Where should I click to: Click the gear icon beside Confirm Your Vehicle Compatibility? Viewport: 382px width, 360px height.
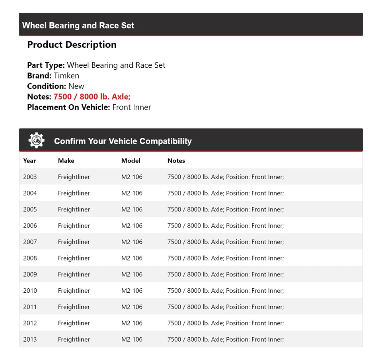coord(36,141)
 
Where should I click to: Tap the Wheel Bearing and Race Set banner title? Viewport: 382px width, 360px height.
coord(78,25)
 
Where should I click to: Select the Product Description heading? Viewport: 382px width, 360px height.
coord(72,45)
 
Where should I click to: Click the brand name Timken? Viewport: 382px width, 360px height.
coord(66,76)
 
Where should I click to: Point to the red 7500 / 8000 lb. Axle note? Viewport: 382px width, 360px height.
coord(92,97)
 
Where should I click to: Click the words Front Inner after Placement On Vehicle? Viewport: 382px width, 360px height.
coord(132,107)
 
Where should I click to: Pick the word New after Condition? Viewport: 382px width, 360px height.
coord(76,86)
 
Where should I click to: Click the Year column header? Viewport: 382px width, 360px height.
coord(29,160)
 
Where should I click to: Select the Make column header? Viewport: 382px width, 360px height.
coord(66,160)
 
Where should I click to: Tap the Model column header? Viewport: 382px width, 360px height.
coord(131,160)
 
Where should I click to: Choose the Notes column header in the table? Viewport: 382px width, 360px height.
coord(176,160)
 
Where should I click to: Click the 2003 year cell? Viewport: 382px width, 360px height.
coord(30,177)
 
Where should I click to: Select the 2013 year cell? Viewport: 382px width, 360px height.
coord(30,339)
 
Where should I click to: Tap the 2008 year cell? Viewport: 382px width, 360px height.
coord(30,258)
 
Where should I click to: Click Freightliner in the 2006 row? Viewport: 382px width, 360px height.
coord(74,225)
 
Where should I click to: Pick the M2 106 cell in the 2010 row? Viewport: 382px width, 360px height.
coord(132,291)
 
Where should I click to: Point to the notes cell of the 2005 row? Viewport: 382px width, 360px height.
coord(226,209)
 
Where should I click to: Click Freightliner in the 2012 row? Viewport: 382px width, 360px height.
coord(74,323)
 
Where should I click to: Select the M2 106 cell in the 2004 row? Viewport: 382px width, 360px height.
coord(132,193)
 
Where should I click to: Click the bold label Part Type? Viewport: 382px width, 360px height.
coord(46,65)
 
